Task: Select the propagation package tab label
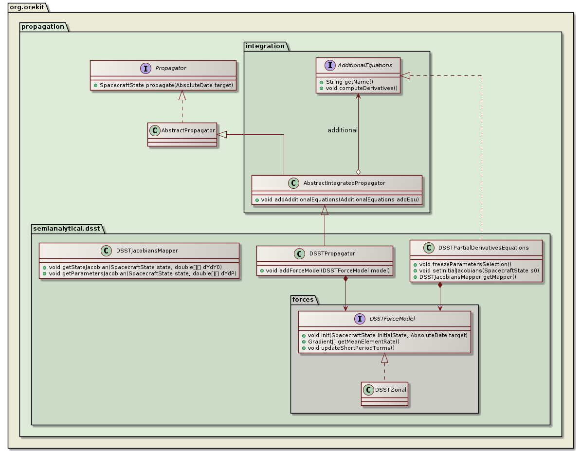(x=42, y=26)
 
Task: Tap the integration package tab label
(x=266, y=46)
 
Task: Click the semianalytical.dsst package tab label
(x=65, y=228)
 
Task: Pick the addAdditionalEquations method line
(x=336, y=199)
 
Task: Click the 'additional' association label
(x=342, y=130)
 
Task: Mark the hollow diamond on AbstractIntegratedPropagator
(x=358, y=171)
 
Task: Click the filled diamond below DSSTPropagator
(x=345, y=279)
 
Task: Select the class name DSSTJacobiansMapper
(x=147, y=251)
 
